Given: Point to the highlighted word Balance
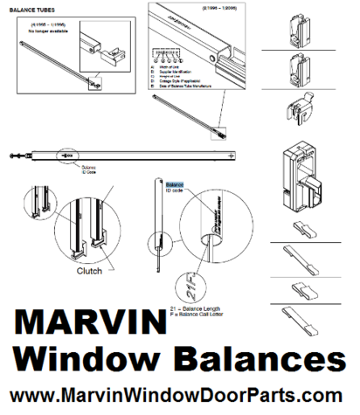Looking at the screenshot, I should pos(176,184).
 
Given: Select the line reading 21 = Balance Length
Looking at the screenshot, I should pos(202,310).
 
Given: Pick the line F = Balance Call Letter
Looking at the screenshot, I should pos(206,316).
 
